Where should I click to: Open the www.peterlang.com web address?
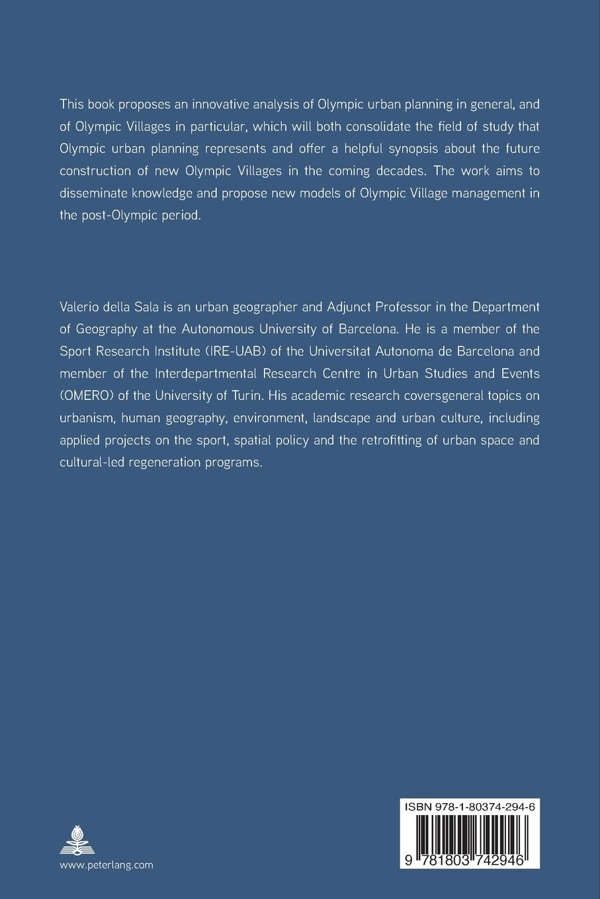point(106,865)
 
